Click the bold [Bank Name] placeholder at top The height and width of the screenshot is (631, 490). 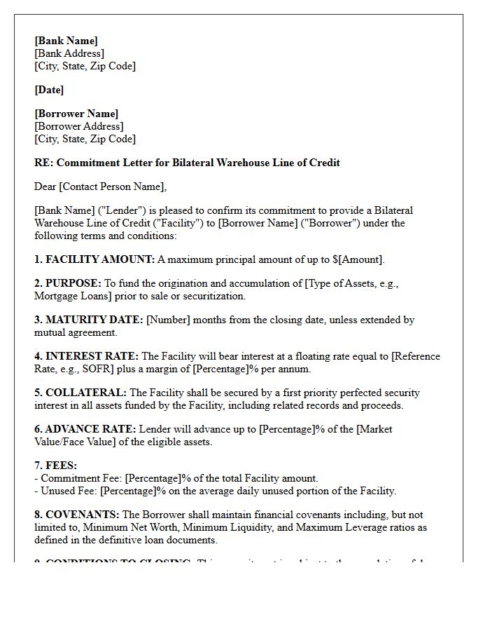(x=66, y=41)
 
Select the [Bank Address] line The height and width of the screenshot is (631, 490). (x=69, y=53)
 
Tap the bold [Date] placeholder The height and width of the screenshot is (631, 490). (x=49, y=90)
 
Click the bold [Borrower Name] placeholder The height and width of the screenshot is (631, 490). (x=76, y=114)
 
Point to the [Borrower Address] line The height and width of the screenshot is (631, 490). (x=79, y=126)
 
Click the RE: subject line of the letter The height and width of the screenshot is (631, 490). (x=187, y=163)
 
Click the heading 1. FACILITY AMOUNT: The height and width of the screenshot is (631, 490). (x=94, y=259)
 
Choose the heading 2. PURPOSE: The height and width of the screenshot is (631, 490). (x=68, y=283)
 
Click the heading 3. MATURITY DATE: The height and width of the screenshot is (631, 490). (x=89, y=320)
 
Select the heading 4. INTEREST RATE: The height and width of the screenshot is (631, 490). (x=87, y=356)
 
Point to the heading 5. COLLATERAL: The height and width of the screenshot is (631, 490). (x=80, y=393)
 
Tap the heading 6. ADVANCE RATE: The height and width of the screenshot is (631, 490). (x=85, y=429)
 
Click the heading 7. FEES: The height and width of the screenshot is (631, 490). (x=55, y=466)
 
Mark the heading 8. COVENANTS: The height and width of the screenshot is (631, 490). (x=77, y=515)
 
